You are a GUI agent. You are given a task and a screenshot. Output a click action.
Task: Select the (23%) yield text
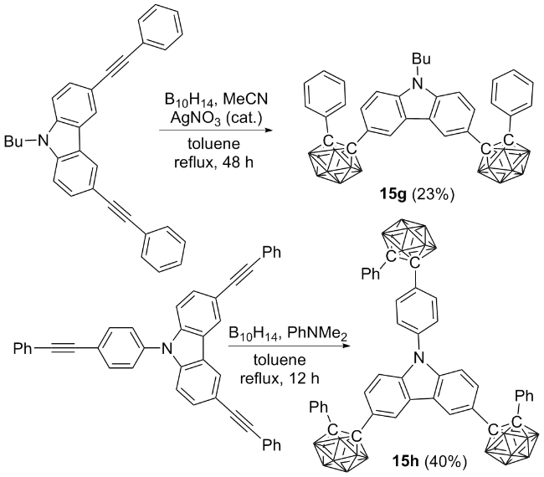pos(434,196)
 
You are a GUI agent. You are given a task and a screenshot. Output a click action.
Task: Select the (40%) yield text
pos(446,462)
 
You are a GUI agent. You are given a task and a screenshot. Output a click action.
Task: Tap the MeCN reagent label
pos(245,100)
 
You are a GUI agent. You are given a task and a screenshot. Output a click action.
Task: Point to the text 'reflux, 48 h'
pos(213,162)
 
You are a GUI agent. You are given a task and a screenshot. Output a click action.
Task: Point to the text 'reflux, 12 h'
pos(280,378)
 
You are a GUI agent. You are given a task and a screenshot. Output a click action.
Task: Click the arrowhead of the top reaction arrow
pos(267,131)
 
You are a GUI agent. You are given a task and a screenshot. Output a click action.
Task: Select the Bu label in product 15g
pos(421,59)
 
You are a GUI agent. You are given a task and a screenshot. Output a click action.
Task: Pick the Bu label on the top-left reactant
pos(13,141)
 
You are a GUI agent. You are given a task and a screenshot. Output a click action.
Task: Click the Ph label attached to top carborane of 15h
pos(371,274)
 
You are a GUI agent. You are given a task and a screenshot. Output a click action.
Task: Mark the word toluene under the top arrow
pos(213,143)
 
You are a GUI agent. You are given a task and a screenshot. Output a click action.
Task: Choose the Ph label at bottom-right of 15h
pos(524,396)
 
